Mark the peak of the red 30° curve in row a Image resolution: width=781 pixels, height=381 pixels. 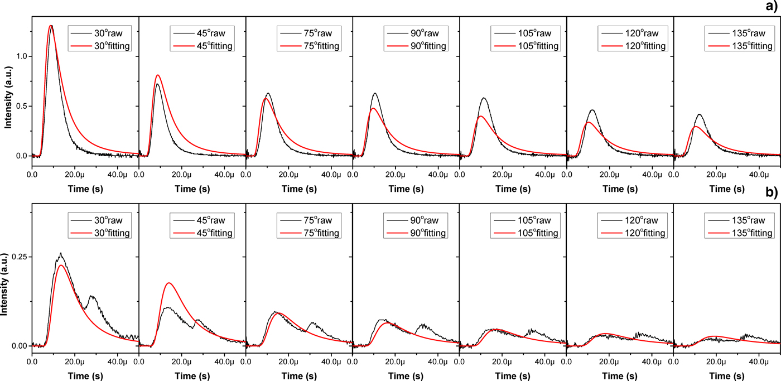[51, 26]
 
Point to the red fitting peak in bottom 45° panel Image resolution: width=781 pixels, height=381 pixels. [168, 283]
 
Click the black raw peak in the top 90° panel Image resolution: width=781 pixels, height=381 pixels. [375, 93]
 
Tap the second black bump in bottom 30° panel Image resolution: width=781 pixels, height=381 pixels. [92, 297]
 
